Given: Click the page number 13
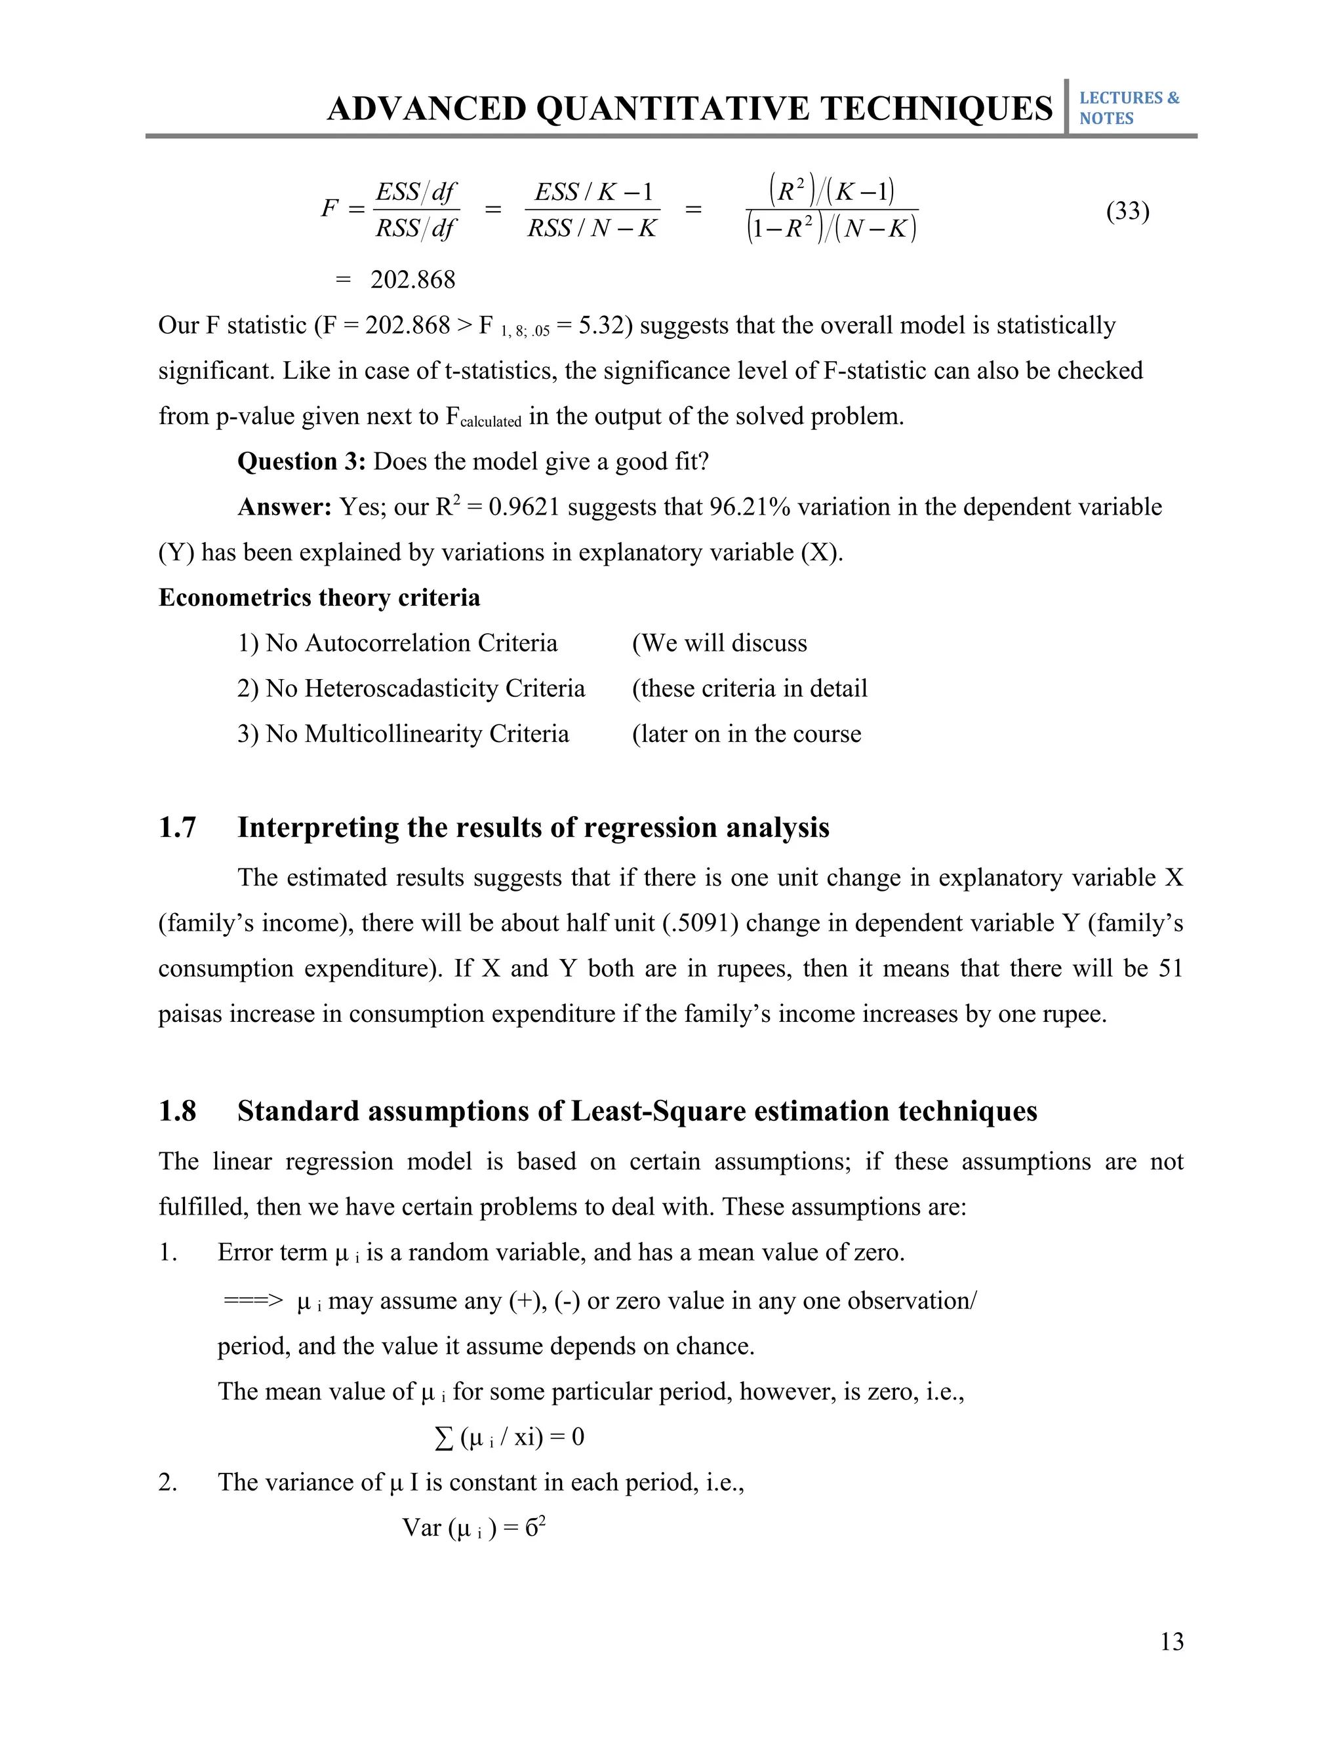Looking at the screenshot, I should (1171, 1641).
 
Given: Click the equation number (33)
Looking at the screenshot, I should (1127, 211).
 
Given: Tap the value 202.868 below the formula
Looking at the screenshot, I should (413, 280).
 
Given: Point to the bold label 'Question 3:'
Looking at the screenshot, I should (302, 462).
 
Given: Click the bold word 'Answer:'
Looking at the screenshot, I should (284, 507).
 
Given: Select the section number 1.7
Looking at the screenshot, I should (178, 828).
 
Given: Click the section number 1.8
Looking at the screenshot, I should (178, 1112).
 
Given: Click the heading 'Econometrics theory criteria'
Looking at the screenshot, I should (319, 598).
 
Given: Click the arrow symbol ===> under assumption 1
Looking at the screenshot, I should (253, 1301).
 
